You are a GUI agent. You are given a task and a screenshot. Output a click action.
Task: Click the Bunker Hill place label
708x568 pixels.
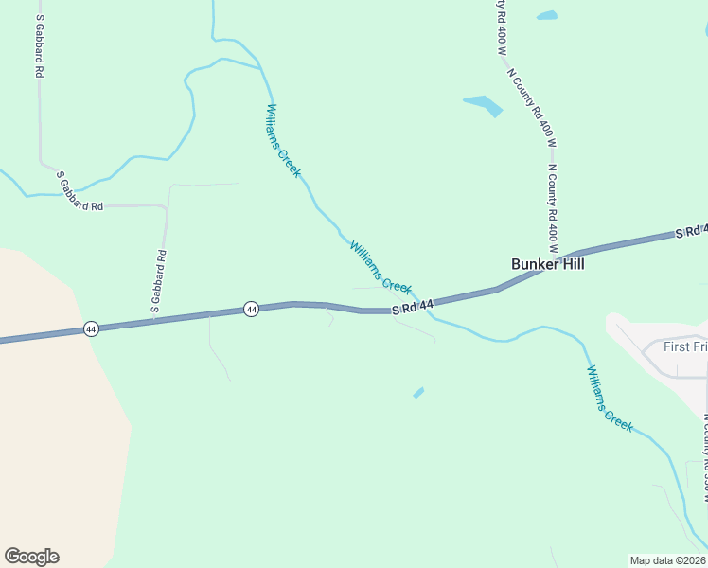point(548,264)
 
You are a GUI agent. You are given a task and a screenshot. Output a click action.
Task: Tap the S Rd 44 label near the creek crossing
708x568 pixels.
point(413,306)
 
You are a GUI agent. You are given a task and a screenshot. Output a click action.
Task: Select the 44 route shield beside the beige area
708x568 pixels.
point(91,328)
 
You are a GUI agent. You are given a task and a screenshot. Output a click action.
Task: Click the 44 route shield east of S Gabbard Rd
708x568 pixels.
point(251,310)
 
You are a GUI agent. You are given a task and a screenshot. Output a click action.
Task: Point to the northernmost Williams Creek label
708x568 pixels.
point(284,141)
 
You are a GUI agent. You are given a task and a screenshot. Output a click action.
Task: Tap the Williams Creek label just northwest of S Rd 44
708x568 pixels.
point(381,267)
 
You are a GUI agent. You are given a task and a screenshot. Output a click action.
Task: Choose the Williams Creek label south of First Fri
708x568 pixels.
point(610,399)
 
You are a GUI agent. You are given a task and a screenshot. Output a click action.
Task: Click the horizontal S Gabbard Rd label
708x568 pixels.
point(80,191)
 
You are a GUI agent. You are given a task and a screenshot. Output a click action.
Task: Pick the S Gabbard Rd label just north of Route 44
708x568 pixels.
point(159,281)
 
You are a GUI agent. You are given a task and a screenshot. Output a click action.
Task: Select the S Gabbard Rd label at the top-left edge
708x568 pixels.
point(40,45)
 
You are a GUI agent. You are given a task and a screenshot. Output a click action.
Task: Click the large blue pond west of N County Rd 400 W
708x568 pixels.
point(483,104)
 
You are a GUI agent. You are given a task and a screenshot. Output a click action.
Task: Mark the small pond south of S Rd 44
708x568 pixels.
point(418,392)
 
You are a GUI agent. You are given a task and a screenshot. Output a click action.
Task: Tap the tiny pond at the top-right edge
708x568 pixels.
point(547,15)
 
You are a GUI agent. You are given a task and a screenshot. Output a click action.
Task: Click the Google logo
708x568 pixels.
point(31,557)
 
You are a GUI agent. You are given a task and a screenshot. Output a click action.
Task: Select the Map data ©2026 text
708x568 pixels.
point(667,559)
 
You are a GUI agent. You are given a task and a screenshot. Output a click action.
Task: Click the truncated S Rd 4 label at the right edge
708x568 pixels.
point(691,231)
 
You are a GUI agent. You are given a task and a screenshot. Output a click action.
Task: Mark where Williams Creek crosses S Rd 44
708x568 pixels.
point(425,306)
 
